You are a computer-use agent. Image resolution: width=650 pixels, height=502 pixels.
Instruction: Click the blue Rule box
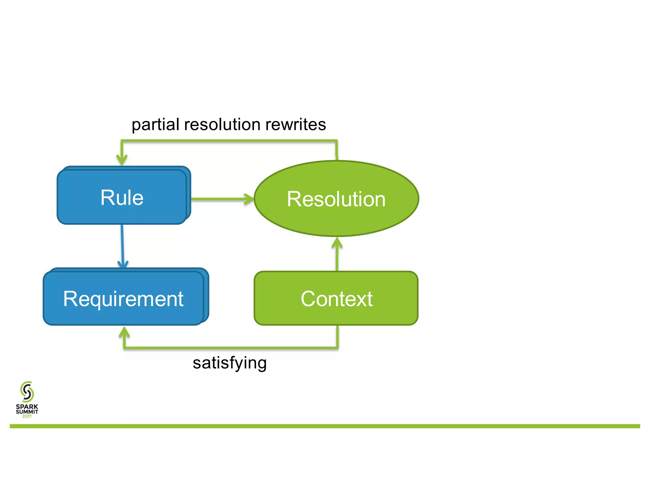pos(122,197)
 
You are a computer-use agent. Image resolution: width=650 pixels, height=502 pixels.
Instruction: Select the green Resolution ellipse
pos(336,199)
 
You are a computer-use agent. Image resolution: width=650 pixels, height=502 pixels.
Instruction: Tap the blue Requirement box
pos(123,298)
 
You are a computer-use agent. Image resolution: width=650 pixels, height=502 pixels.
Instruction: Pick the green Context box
pos(336,298)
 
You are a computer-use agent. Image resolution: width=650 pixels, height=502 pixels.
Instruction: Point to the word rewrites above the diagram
pos(295,124)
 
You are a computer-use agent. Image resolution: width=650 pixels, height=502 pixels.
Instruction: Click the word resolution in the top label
pos(222,124)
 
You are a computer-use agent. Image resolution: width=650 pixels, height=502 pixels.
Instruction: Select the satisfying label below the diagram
pos(229,363)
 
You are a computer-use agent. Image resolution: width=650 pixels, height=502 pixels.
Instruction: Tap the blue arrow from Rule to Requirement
pos(122,244)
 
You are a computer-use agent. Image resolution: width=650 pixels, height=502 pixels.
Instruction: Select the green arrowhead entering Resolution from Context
pos(337,243)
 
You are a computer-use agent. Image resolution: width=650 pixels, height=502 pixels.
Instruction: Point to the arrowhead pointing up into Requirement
pos(124,332)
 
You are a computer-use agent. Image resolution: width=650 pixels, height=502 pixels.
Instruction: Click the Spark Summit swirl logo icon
pos(27,392)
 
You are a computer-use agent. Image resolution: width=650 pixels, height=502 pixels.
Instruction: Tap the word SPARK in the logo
pos(27,406)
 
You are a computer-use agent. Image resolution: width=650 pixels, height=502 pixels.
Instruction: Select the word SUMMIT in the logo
pos(27,412)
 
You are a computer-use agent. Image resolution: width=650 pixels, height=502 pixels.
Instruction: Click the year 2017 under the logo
pos(27,416)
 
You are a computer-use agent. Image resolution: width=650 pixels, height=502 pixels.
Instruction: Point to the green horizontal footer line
pos(325,426)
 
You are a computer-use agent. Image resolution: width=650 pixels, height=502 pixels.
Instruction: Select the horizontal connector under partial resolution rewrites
pos(229,141)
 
